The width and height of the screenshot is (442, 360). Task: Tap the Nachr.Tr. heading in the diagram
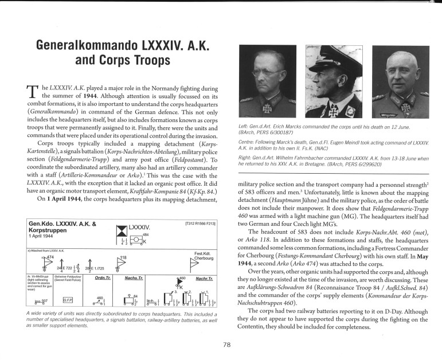(204, 278)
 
